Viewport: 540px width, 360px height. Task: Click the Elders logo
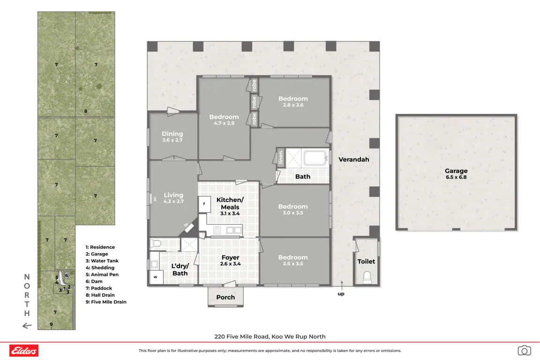[24, 351]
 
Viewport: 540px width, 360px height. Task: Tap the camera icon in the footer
[524, 350]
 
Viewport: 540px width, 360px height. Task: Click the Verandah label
[354, 159]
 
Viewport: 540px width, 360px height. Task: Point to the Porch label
[225, 297]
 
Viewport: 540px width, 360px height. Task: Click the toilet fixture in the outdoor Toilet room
[367, 277]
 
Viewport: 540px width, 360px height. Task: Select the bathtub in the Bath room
[315, 158]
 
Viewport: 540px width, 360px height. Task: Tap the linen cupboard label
[281, 157]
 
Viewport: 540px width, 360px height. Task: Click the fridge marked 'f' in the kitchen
[204, 204]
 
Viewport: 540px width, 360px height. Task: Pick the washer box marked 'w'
[156, 277]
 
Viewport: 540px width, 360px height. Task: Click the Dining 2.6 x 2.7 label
[172, 136]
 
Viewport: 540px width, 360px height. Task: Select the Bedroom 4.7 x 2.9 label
[224, 120]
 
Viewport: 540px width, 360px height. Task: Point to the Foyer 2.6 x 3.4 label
[231, 261]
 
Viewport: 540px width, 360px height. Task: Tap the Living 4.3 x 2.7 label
[173, 198]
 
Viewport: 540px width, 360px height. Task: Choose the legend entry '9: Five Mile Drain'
[106, 302]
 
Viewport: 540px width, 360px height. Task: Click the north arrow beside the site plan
[27, 326]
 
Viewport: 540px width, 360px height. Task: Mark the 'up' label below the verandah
[341, 294]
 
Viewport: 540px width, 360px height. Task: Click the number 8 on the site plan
[86, 111]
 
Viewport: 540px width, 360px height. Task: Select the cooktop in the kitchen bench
[217, 230]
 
